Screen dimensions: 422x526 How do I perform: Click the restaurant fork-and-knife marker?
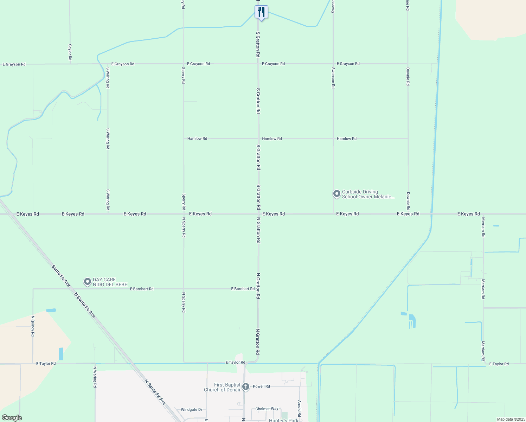261,12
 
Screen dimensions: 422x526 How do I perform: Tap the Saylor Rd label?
70,52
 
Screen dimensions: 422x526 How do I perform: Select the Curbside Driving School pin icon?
337,194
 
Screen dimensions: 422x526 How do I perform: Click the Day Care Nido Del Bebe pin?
87,282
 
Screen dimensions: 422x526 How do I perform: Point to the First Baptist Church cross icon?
246,387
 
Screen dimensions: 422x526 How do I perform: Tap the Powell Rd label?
262,386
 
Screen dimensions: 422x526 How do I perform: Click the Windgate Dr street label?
191,410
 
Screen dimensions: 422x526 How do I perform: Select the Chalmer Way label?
267,409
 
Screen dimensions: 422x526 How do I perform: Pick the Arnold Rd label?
300,408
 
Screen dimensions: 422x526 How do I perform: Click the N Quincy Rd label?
33,326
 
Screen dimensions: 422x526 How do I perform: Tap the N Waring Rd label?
95,377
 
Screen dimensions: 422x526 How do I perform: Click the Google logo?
12,418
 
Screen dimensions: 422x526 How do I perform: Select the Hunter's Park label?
283,420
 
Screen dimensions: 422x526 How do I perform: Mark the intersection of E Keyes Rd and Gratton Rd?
258,213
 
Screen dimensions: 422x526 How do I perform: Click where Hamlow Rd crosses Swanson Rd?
333,139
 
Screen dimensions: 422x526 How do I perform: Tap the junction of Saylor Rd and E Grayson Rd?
70,64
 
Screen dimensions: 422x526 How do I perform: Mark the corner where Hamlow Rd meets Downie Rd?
408,139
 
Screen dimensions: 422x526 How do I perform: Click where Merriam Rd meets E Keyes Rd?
483,214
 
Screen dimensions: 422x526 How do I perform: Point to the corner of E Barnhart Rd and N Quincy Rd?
33,289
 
